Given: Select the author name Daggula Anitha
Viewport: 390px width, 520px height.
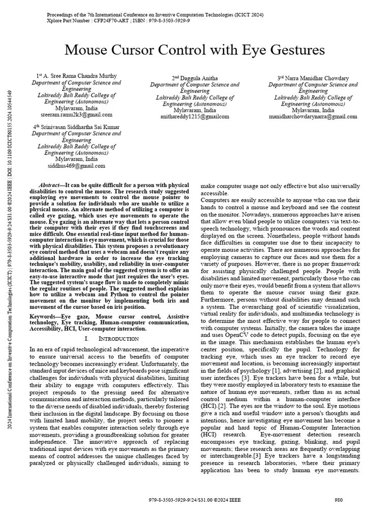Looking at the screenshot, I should point(198,78).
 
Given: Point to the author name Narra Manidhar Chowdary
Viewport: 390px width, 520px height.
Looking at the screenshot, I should point(316,78).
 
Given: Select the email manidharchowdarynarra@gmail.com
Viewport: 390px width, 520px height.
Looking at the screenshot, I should point(313,116).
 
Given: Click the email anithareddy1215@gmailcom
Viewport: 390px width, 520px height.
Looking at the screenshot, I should point(194,116).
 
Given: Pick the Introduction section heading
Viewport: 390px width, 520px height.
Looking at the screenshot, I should point(118,338).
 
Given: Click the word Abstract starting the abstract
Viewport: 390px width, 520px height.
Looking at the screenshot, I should point(50,185).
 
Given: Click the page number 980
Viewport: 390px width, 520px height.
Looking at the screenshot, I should point(339,500).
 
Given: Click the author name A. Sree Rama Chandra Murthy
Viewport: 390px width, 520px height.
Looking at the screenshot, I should point(79,76).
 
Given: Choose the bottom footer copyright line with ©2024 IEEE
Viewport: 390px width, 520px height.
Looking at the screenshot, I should point(194,500).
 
